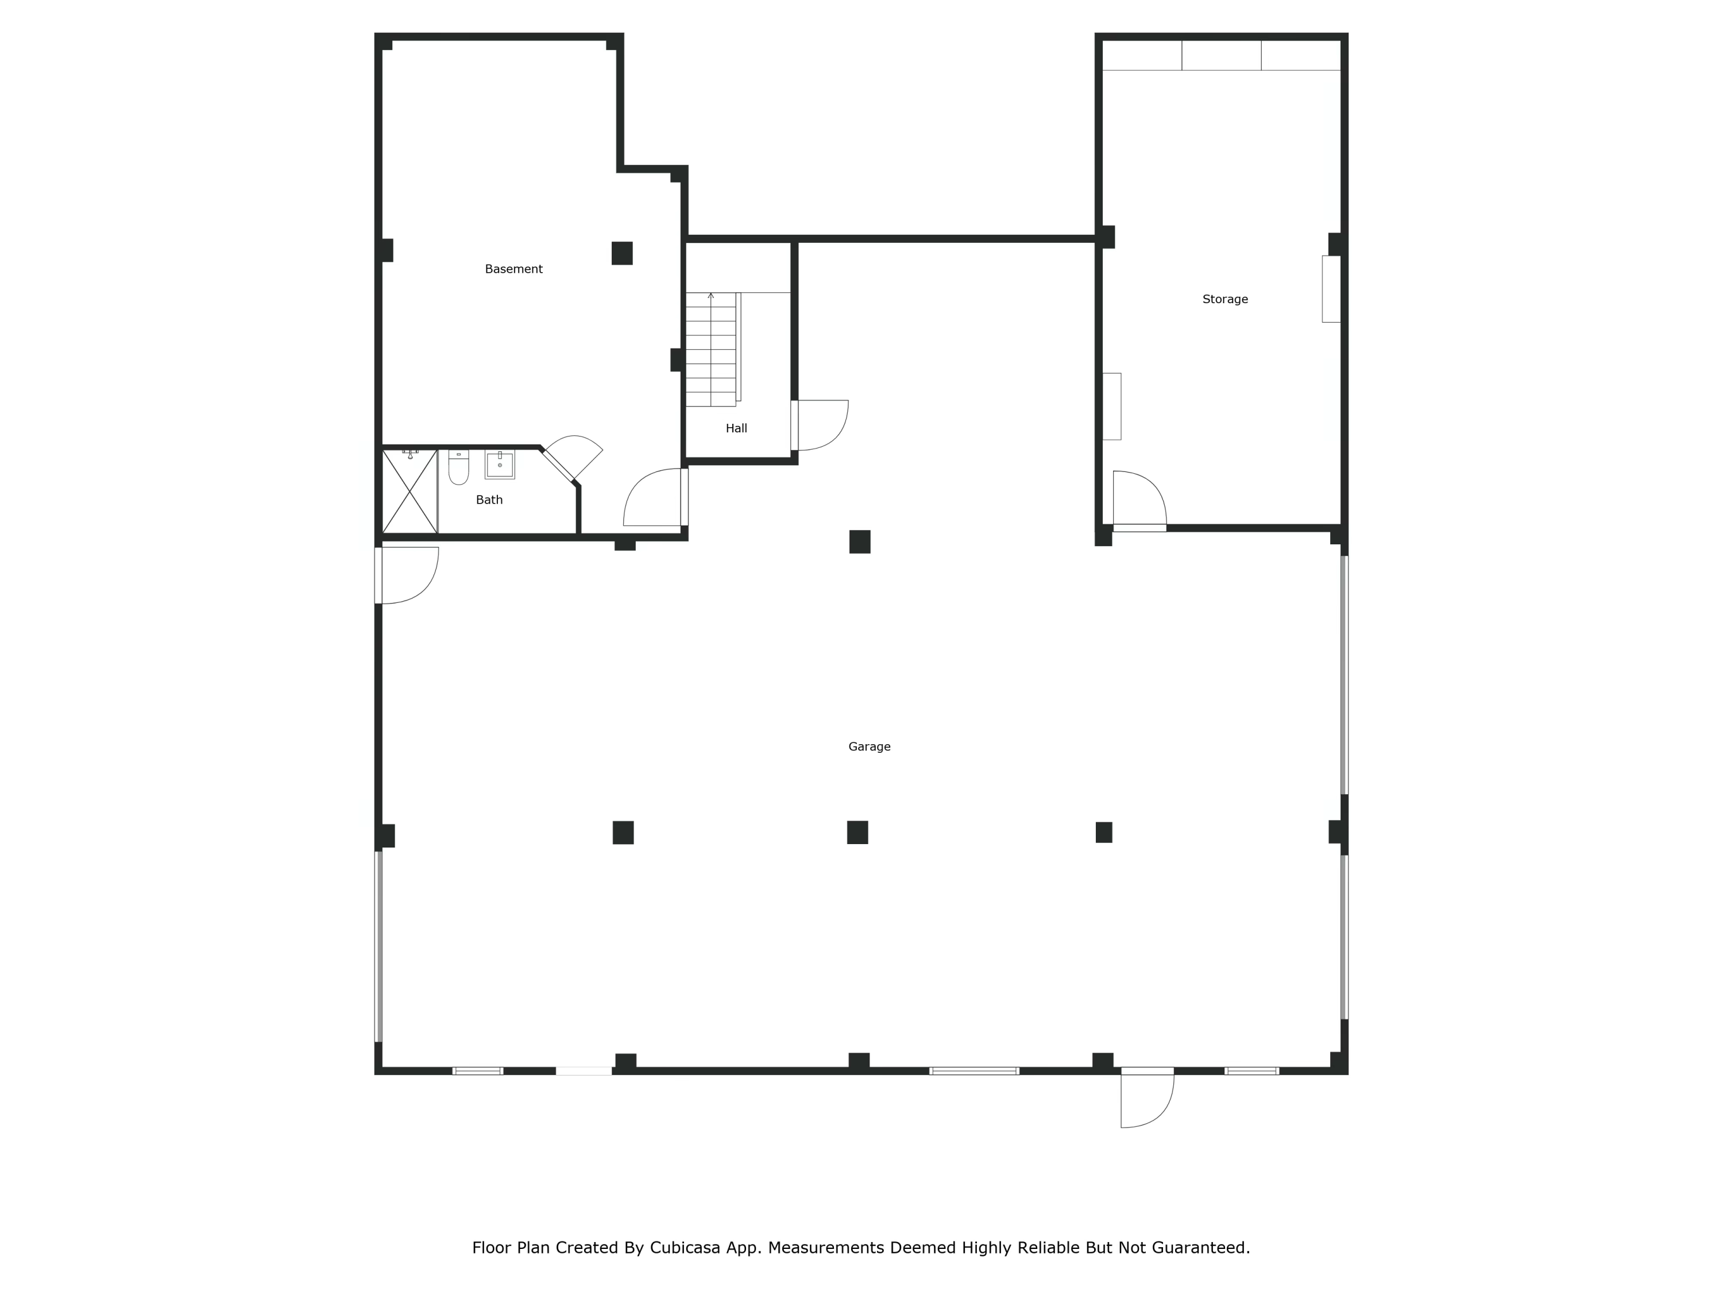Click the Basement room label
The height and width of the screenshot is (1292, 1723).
[x=513, y=269]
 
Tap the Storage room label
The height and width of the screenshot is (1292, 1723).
[x=1224, y=299]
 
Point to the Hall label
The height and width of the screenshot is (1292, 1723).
[x=736, y=428]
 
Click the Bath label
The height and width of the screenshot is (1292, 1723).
[x=489, y=500]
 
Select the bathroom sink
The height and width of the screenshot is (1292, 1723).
[x=499, y=464]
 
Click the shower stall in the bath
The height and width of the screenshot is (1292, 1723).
[x=409, y=492]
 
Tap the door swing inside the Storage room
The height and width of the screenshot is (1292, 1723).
[x=1139, y=501]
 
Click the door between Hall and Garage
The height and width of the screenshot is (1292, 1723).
[x=820, y=425]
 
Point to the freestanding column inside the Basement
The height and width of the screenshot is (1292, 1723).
[x=621, y=253]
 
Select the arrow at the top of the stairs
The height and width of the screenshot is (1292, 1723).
[x=710, y=296]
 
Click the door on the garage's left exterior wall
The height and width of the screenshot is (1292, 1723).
[x=407, y=575]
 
